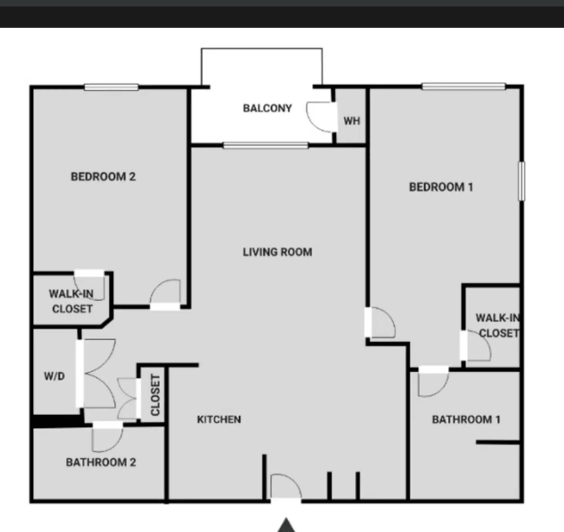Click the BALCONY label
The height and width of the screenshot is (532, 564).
(x=267, y=108)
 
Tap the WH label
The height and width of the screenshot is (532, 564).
(x=351, y=121)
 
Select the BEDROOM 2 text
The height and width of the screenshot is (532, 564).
(x=103, y=176)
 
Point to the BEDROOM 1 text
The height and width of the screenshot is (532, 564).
(x=441, y=187)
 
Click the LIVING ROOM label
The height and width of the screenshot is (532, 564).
(x=277, y=252)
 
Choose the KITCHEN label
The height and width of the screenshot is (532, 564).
(x=219, y=419)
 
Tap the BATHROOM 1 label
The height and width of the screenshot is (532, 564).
(x=466, y=419)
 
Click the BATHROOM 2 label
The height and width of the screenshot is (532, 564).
(x=101, y=462)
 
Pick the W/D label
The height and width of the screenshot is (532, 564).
(x=55, y=376)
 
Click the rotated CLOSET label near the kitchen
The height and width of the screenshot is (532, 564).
(x=155, y=395)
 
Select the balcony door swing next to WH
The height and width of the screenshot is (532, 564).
(x=320, y=116)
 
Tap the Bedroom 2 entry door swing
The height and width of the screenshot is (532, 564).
(x=165, y=293)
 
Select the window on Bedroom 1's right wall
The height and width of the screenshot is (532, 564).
(x=521, y=181)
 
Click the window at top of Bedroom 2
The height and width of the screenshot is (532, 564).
(x=111, y=87)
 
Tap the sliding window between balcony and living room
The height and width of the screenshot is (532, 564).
(x=266, y=146)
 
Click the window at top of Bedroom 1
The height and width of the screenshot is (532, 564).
(x=463, y=87)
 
